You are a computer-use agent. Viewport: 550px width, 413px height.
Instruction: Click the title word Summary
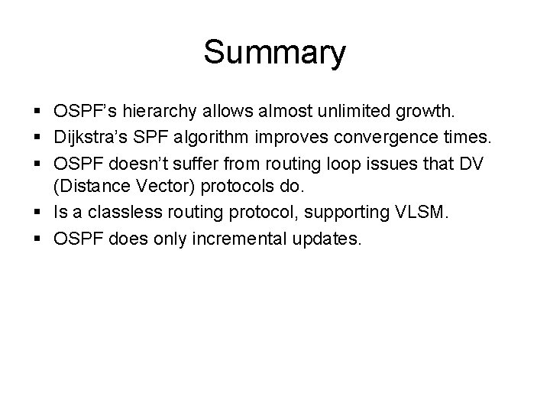coord(274,53)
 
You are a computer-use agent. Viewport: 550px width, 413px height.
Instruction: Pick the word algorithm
coord(216,138)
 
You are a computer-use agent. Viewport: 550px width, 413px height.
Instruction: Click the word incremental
coord(247,239)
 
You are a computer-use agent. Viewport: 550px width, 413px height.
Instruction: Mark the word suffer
coord(187,164)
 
